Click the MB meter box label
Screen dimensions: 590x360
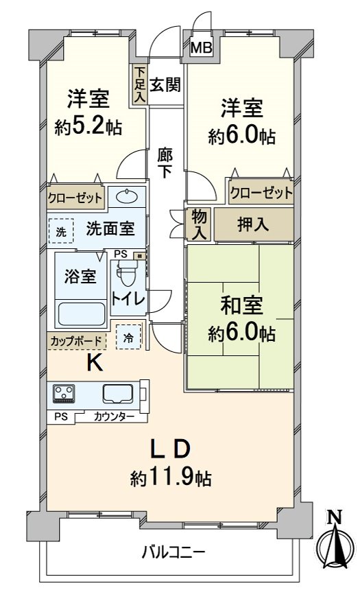[x=202, y=47]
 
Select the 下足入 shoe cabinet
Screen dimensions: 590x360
[x=140, y=84]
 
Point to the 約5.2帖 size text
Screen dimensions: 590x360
[x=88, y=127]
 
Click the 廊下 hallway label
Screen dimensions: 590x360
[x=165, y=163]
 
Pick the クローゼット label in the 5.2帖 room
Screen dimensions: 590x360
[x=75, y=199]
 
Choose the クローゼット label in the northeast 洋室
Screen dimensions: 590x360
[x=261, y=193]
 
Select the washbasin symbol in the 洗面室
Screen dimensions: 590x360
[x=125, y=198]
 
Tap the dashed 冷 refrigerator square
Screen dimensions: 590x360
[x=128, y=338]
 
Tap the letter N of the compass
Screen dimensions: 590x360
[x=334, y=519]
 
